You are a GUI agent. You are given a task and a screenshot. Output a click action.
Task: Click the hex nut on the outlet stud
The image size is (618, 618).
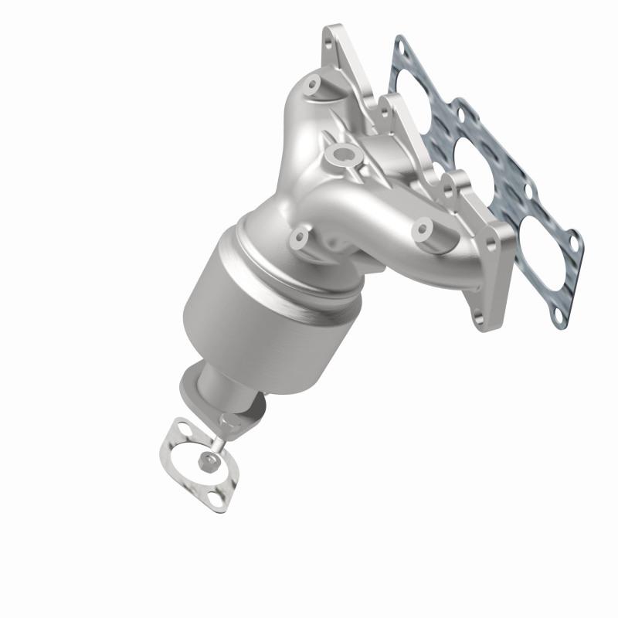[x=208, y=461]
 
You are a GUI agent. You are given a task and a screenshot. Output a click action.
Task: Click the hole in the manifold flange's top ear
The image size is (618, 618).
[x=333, y=36]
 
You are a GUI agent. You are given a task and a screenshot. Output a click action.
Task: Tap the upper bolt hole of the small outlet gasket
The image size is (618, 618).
[x=180, y=428]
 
